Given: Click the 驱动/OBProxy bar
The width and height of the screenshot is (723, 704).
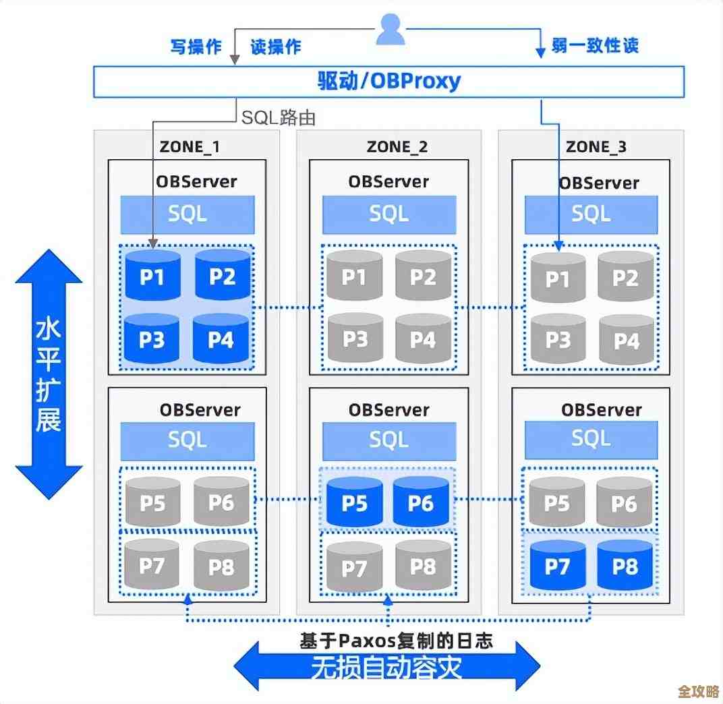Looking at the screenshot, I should pyautogui.click(x=388, y=82).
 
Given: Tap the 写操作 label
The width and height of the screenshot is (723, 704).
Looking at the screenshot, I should pyautogui.click(x=196, y=47).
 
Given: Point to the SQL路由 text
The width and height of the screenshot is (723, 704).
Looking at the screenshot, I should pyautogui.click(x=279, y=118).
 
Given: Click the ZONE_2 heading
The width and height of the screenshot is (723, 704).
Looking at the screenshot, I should pyautogui.click(x=397, y=146).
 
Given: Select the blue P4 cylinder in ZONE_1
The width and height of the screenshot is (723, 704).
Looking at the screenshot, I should pyautogui.click(x=221, y=340).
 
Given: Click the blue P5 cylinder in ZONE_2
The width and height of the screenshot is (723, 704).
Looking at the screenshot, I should pyautogui.click(x=353, y=503).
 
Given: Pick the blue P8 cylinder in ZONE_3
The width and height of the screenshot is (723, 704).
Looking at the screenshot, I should pyautogui.click(x=625, y=566).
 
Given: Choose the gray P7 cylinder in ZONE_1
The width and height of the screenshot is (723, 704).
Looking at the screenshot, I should pyautogui.click(x=152, y=566).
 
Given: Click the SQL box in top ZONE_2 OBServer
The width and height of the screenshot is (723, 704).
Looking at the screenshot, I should pyautogui.click(x=389, y=214).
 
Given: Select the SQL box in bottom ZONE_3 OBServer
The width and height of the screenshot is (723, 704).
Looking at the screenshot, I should pyautogui.click(x=591, y=440).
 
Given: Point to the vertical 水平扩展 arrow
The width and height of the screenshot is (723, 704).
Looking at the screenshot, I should pyautogui.click(x=49, y=374).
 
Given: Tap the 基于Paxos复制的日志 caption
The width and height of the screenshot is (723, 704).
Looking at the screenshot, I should pyautogui.click(x=396, y=641).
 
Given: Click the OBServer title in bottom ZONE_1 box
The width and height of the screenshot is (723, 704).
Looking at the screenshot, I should pyautogui.click(x=200, y=409).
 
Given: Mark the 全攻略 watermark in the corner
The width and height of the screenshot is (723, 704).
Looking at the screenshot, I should pyautogui.click(x=698, y=692).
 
